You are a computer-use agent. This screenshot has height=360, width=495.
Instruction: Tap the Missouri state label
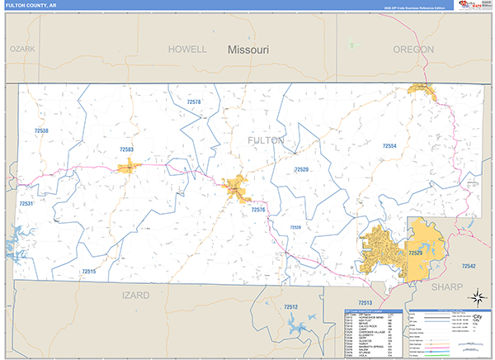[248, 50]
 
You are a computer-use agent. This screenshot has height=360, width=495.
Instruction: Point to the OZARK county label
[22, 50]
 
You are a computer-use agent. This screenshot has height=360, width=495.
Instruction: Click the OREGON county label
[413, 50]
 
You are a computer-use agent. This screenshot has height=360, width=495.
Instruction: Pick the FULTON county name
[266, 140]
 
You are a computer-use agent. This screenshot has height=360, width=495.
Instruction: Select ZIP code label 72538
[41, 130]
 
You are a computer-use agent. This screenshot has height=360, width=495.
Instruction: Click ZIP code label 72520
[301, 169]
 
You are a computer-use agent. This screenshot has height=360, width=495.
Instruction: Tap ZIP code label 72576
[258, 210]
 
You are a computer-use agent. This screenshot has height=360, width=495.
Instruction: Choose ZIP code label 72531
[26, 203]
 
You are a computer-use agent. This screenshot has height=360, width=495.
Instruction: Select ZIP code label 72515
[88, 271]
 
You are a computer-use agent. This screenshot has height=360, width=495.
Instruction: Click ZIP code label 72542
[469, 266]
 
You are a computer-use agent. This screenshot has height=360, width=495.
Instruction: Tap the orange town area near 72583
[130, 168]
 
